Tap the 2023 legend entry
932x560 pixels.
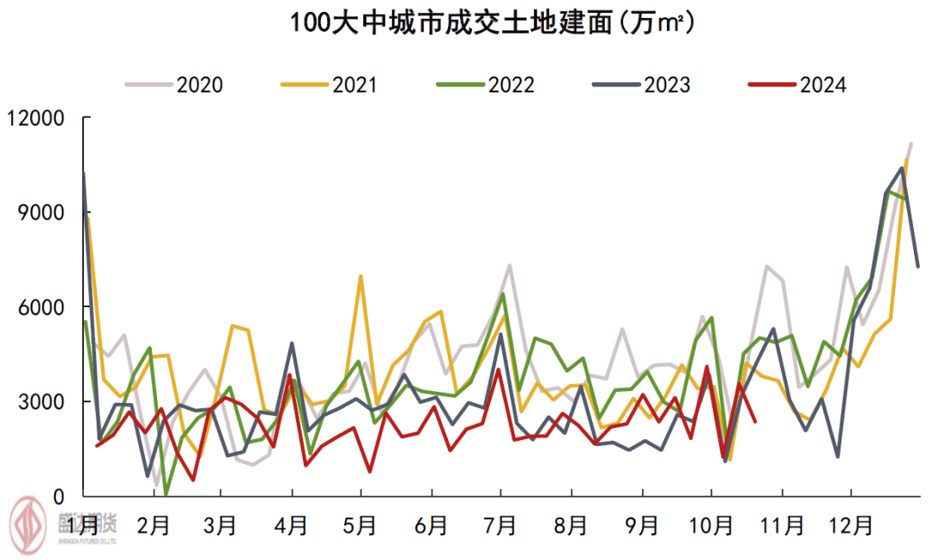click(x=642, y=85)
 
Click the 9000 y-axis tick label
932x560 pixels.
click(x=47, y=213)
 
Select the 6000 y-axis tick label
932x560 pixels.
click(x=47, y=308)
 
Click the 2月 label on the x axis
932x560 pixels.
click(x=152, y=525)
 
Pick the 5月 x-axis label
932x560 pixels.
click(x=361, y=525)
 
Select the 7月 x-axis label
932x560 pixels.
click(x=501, y=525)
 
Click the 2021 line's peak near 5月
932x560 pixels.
click(x=360, y=277)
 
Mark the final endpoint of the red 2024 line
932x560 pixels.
click(x=756, y=421)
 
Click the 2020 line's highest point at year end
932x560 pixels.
click(x=910, y=144)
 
